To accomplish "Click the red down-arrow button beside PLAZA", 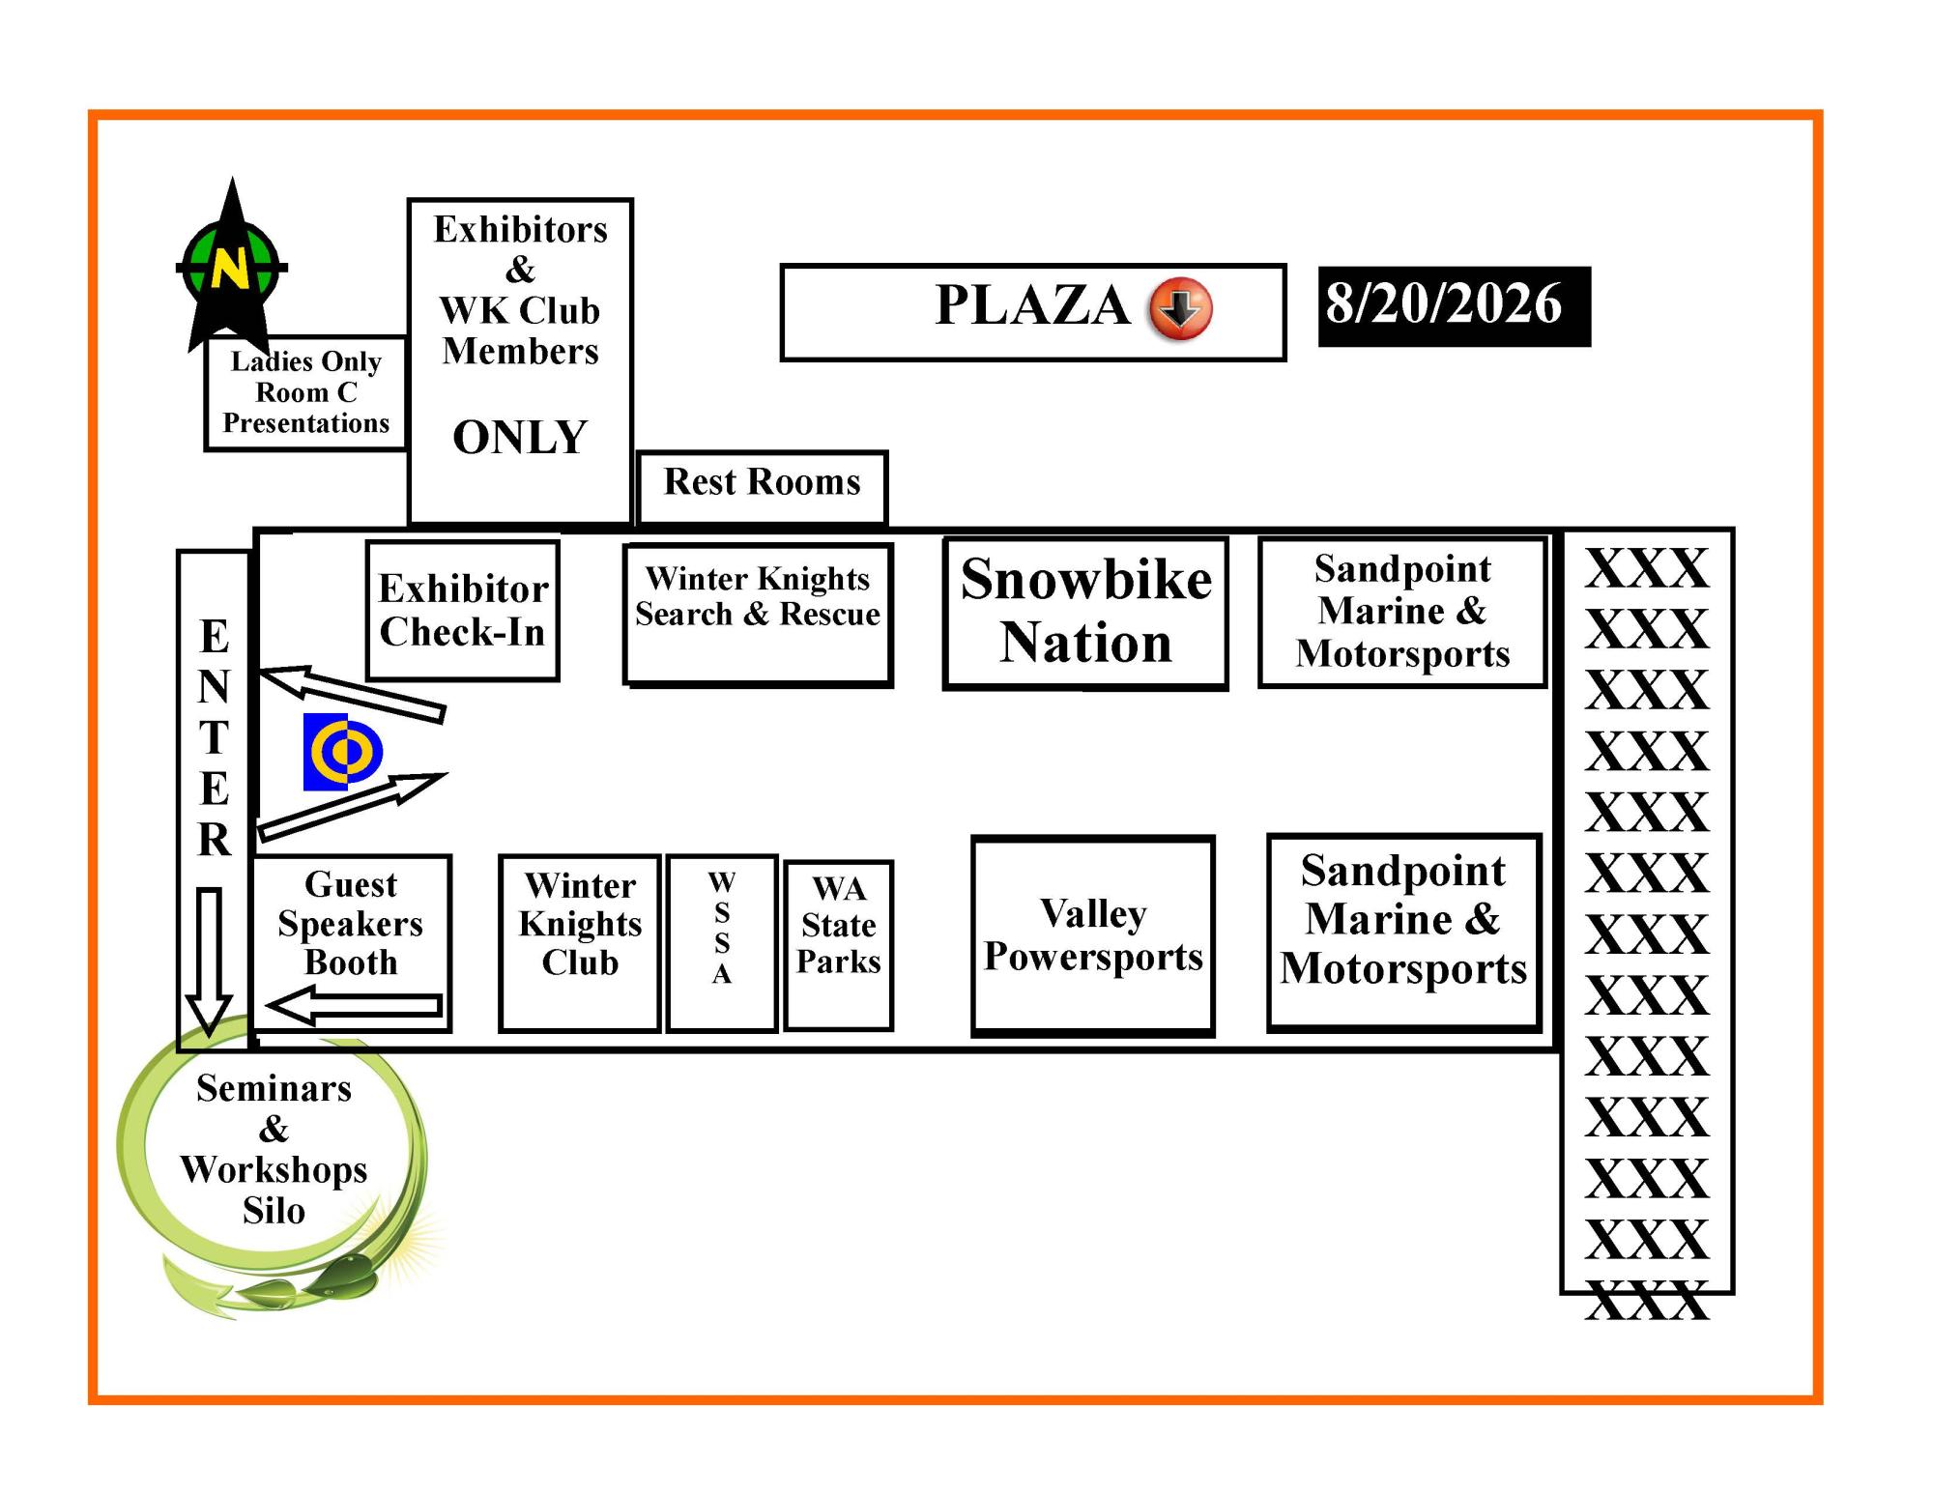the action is [1180, 308].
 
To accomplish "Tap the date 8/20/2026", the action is [1443, 303].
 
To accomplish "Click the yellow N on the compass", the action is [230, 268].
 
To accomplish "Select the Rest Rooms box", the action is [762, 487].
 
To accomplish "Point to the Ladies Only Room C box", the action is [306, 392].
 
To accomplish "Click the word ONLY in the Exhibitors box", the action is [520, 437].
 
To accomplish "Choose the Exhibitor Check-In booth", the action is [463, 610].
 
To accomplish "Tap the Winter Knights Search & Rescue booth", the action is [758, 615].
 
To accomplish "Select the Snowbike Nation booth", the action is [1085, 613].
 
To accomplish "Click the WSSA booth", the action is [722, 943].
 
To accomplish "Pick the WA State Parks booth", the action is [838, 945].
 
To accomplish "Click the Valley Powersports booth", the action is [1093, 935].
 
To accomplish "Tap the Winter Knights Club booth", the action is [580, 943].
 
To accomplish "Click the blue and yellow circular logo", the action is [342, 752].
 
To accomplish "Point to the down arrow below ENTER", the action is [209, 962].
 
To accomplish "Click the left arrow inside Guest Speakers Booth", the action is [355, 1006].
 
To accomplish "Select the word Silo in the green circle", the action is [274, 1211].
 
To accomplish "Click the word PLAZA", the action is [1032, 305].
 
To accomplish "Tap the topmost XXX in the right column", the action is [1647, 567].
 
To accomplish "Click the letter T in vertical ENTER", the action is [214, 737].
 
